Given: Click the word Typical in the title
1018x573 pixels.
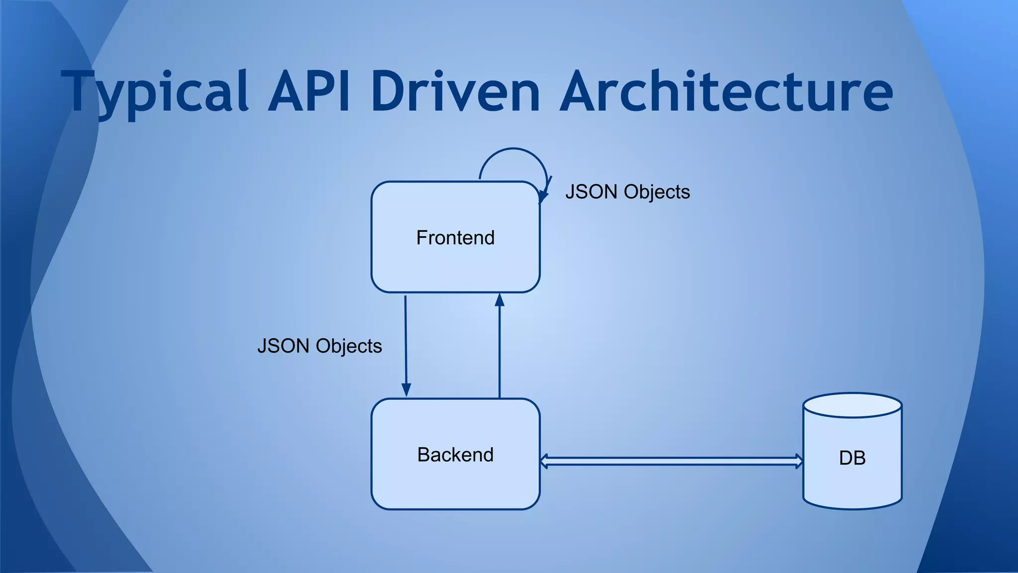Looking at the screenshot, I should coord(154,92).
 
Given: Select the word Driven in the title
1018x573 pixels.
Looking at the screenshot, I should coord(455,92).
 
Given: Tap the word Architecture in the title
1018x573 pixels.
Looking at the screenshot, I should coord(726,92).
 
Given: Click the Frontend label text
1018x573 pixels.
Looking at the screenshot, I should coord(455,238).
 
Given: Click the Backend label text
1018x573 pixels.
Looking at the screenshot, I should coord(455,455).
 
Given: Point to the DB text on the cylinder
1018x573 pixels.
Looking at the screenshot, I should coord(852,458).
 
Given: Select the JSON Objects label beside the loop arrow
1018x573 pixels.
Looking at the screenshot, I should coord(627,192).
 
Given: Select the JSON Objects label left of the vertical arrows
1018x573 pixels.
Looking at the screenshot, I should coord(320,346).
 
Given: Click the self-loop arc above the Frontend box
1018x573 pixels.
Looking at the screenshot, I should coord(513,149).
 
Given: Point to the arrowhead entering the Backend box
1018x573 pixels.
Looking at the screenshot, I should coord(406,390).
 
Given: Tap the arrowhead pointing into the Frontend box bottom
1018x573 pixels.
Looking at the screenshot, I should coord(500,299).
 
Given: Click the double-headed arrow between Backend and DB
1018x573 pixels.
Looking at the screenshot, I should coord(671,461).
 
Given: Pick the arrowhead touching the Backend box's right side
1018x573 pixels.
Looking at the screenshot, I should coord(544,461).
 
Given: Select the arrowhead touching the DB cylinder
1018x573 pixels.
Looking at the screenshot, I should coord(799,461).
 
